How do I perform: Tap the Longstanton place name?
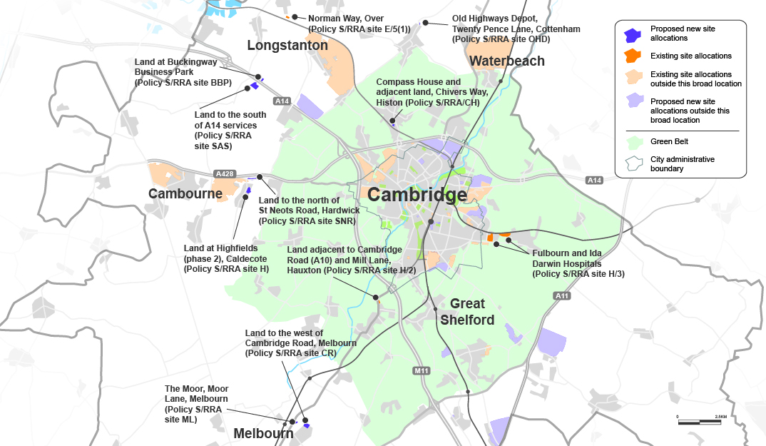(287, 46)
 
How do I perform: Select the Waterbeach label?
(507, 61)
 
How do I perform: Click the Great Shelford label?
(467, 312)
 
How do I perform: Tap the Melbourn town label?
(263, 433)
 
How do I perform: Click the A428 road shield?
(224, 174)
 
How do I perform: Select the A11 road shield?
(562, 295)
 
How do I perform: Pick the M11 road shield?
(422, 370)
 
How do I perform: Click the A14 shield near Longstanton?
(282, 101)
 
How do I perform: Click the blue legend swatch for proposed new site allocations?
(633, 34)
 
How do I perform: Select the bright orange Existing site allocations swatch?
(633, 55)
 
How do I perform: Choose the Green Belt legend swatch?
(633, 141)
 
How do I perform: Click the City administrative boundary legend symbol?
(633, 164)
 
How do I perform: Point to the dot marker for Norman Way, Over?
(295, 16)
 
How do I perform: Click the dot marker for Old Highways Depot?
(426, 23)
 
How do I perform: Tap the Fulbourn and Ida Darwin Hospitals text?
(578, 263)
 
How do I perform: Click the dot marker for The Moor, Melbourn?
(292, 422)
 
